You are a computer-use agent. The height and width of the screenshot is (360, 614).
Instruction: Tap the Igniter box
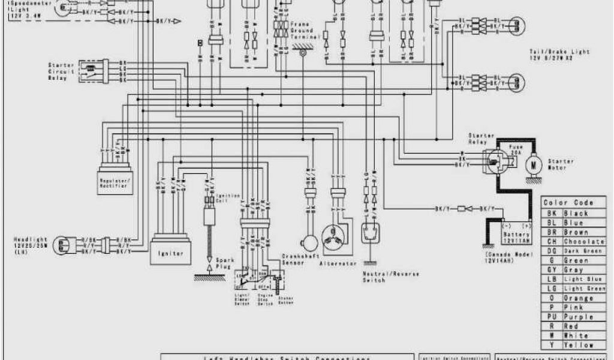coord(170,253)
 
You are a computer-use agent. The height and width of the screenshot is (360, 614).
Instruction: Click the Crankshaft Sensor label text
coord(295,260)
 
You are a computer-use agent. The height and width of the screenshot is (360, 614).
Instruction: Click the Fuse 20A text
coord(516,149)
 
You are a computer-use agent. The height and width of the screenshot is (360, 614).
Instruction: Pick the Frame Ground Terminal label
coord(302,29)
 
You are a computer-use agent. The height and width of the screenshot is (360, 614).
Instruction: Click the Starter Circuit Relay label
coord(61,71)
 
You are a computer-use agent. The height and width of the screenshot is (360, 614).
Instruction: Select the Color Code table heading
coord(568,203)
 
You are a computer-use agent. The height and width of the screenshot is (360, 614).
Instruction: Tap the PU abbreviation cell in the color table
coord(552,317)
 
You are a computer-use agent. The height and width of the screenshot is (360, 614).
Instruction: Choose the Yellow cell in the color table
coord(580,345)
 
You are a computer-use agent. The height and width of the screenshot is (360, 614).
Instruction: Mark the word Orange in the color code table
coord(579,298)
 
